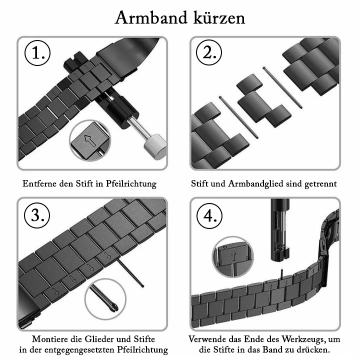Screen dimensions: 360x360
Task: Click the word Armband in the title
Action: pos(151,17)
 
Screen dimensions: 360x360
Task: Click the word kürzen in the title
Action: pos(219,17)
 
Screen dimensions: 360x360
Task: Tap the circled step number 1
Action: pos(37,53)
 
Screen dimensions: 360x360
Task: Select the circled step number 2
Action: pos(209,52)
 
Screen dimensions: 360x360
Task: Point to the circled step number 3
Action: pos(37,215)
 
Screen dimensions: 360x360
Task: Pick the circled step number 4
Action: pos(209,216)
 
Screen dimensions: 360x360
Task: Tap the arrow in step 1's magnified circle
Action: pos(90,140)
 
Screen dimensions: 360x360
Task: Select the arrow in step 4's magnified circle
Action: pos(233,255)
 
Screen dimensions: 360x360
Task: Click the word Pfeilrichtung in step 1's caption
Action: pos(131,183)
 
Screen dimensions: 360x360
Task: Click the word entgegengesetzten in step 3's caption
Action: pos(79,350)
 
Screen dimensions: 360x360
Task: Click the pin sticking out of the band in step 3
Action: pos(130,273)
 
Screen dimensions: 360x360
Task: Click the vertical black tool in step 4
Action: pos(280,229)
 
